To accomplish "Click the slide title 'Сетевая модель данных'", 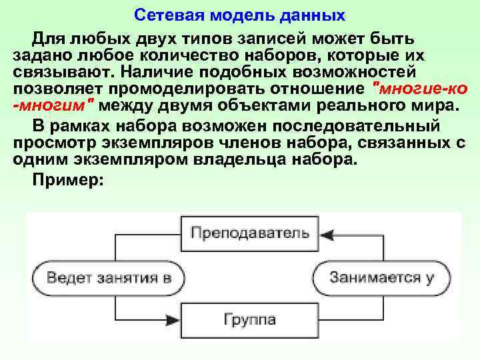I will (x=240, y=13).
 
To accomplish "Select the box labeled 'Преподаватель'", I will (x=250, y=233).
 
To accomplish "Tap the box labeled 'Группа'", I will (x=250, y=319).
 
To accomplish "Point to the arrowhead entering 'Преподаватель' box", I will (x=326, y=233).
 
